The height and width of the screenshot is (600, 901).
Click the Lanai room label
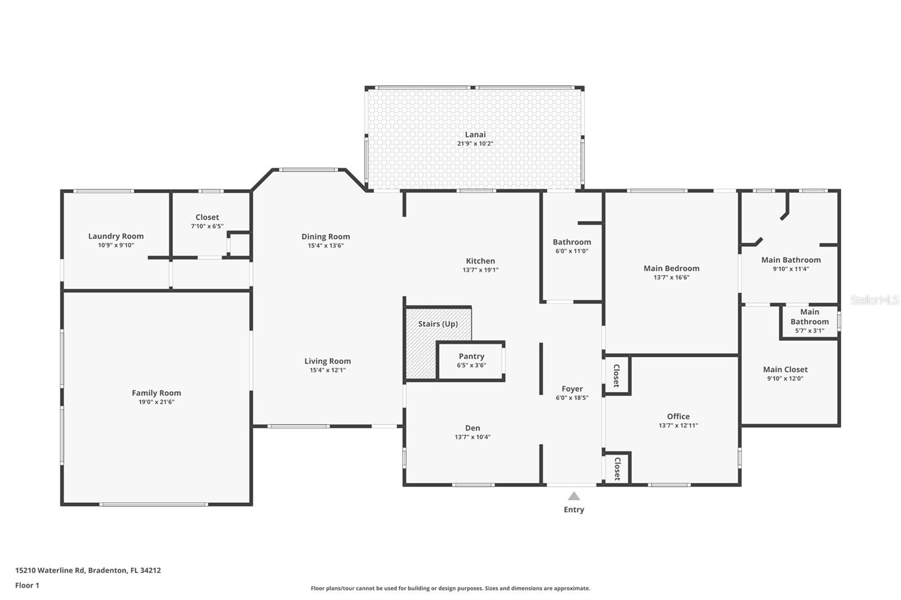click(475, 135)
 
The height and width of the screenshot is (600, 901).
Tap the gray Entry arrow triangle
click(573, 496)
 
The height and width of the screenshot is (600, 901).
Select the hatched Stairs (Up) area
click(420, 355)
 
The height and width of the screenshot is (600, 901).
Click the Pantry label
click(471, 356)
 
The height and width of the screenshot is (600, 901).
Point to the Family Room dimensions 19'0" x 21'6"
click(157, 402)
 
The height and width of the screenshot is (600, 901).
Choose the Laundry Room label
click(116, 236)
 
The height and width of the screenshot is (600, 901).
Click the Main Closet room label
click(785, 370)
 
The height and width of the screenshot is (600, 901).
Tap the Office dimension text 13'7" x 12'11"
click(678, 426)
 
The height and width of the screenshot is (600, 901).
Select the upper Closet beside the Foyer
click(617, 375)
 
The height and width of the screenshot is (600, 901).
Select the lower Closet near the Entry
click(617, 468)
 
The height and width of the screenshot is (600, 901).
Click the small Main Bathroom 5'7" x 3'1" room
click(809, 321)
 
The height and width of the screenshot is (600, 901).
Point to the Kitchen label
click(480, 261)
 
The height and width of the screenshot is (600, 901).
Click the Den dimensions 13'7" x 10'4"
click(472, 437)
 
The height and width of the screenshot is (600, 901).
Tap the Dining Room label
click(325, 237)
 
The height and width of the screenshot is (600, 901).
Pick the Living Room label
click(327, 361)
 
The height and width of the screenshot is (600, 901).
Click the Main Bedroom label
click(671, 268)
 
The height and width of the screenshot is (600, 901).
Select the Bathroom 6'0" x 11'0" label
click(572, 243)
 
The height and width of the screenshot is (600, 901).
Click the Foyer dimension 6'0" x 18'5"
click(572, 398)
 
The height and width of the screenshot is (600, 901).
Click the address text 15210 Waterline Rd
click(50, 570)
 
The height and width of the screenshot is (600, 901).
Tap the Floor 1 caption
click(27, 585)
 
